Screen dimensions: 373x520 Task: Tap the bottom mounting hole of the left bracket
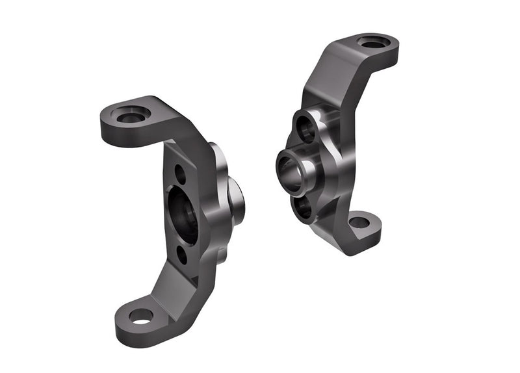tap(141, 316)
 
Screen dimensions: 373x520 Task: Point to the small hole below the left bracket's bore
tap(181, 255)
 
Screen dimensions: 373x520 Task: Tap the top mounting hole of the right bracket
tap(376, 43)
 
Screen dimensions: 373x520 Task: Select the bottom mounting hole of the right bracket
tap(359, 222)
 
